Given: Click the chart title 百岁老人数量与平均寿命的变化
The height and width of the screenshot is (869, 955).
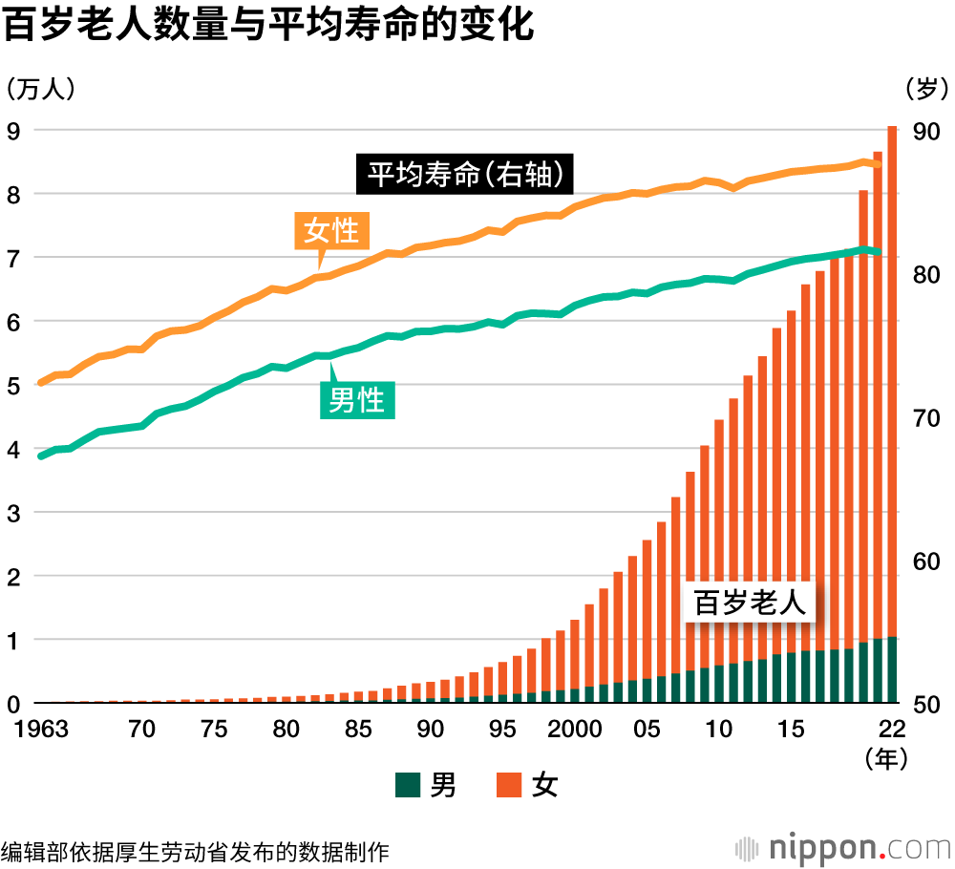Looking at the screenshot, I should [267, 26].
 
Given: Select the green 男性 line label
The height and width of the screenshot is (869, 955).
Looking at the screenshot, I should [356, 399].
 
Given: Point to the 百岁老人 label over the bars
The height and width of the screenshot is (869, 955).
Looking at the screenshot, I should [749, 604].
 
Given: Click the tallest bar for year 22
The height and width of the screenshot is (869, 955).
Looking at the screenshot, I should [892, 415].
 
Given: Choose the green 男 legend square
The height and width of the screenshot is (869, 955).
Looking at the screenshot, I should [408, 785].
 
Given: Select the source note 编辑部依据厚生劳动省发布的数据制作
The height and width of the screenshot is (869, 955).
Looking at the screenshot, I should [196, 850].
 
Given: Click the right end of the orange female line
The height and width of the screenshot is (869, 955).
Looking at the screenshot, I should [878, 163].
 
